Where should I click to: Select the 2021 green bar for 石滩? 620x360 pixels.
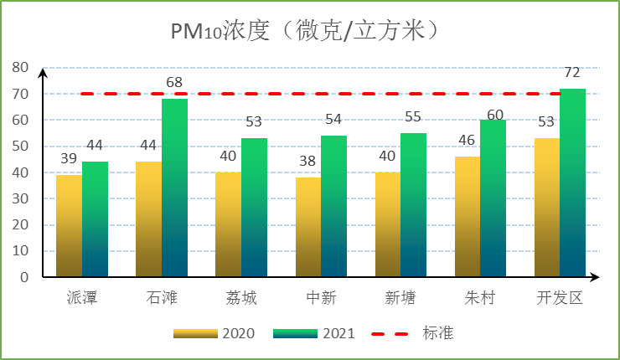click(x=174, y=188)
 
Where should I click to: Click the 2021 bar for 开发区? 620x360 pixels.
click(x=573, y=183)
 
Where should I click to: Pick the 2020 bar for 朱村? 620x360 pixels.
click(x=468, y=217)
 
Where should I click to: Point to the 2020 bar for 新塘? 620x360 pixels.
click(x=388, y=224)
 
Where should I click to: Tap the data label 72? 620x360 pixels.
click(x=572, y=72)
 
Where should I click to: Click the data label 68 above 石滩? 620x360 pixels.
click(x=174, y=83)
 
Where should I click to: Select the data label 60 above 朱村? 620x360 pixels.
click(x=493, y=114)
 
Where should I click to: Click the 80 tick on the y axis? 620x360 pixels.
click(x=19, y=68)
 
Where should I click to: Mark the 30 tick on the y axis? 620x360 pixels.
click(x=19, y=198)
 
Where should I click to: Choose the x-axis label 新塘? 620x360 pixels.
click(x=400, y=298)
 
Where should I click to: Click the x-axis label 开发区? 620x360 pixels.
click(x=559, y=298)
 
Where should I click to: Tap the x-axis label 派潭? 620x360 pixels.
click(x=81, y=298)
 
